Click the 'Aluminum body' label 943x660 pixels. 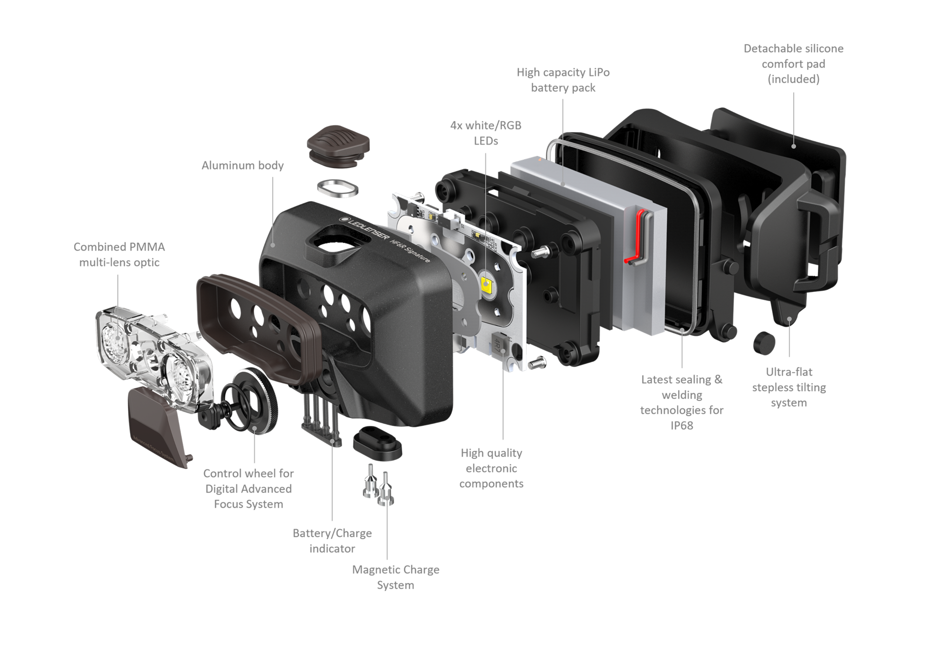click(243, 166)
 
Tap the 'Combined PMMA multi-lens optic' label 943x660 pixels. click(119, 255)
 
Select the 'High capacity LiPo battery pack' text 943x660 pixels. click(563, 80)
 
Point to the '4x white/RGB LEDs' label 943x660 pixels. click(486, 133)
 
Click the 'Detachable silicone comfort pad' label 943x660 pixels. click(793, 64)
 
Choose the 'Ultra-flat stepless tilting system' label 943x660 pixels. click(789, 387)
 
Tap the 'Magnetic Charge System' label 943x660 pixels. click(395, 577)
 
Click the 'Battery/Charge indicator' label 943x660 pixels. click(332, 541)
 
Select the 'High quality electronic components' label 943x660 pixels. click(491, 468)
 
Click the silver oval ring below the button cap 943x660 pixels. click(337, 188)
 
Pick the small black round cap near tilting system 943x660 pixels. click(764, 343)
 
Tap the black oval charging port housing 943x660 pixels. click(377, 443)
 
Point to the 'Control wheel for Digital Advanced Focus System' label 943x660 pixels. click(249, 488)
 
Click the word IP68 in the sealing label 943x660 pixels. click(682, 426)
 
